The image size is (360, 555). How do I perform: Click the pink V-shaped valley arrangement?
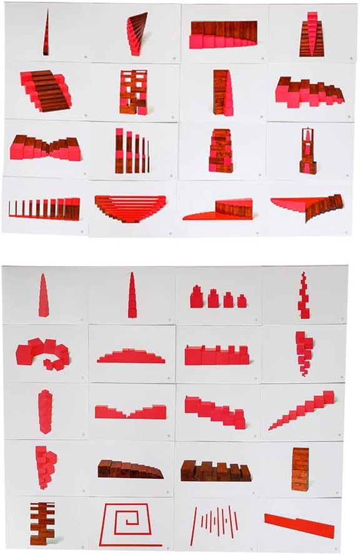point(131,411)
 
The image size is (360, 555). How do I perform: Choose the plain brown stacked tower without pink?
point(300,469)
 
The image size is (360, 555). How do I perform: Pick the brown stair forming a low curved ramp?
point(130,469)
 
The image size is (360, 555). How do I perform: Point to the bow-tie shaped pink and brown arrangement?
point(46,149)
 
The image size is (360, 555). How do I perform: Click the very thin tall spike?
point(46,32)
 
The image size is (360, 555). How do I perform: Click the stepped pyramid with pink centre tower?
point(311,36)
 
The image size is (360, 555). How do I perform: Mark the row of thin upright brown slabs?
point(44,208)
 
